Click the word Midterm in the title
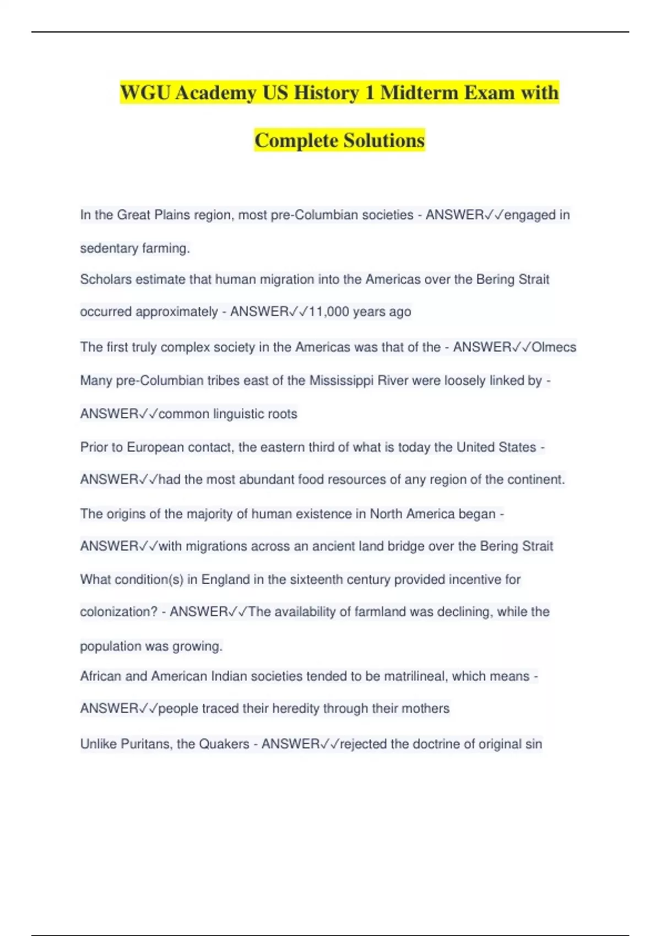pos(418,92)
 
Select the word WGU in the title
pos(145,92)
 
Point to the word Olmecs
pos(554,347)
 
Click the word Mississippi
pos(342,380)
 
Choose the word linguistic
pos(239,414)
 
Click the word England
pos(225,579)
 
